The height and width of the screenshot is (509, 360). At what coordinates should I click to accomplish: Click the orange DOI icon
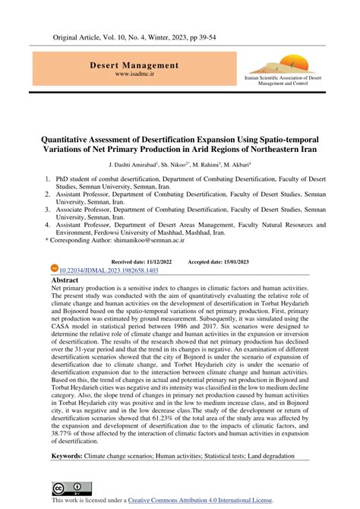(x=53, y=269)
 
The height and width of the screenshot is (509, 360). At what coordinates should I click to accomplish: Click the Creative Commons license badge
(x=66, y=489)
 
